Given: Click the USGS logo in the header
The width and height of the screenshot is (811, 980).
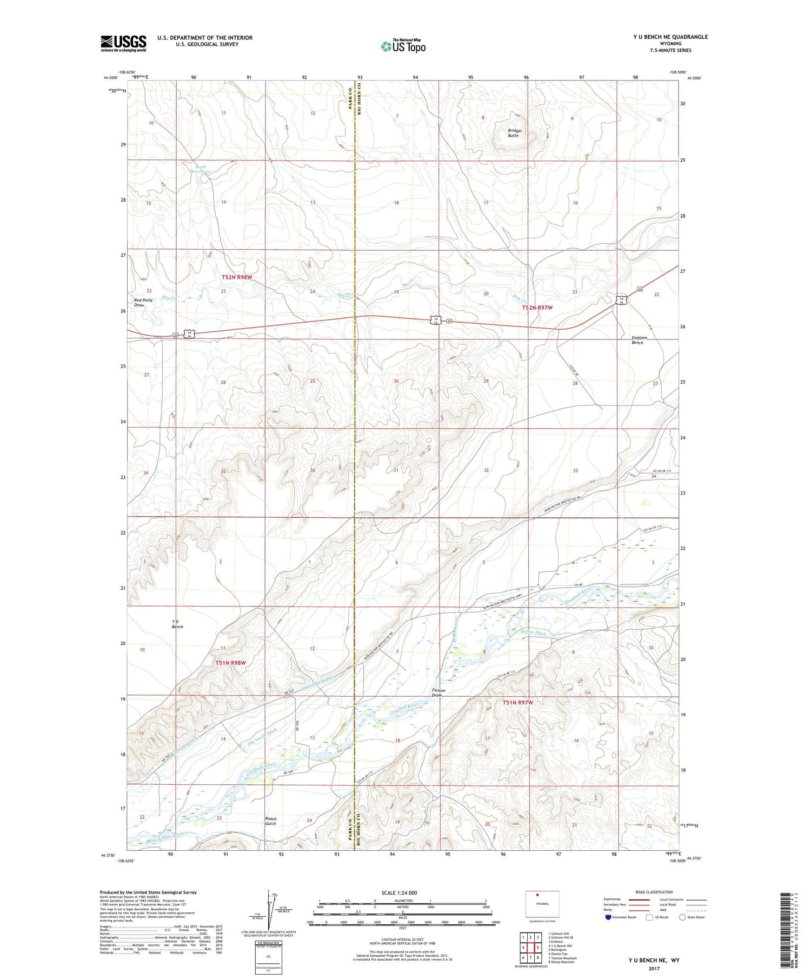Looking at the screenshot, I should [x=123, y=43].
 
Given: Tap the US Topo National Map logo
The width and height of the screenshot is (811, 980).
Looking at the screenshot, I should [x=403, y=46].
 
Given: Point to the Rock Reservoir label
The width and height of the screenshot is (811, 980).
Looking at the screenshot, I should [x=200, y=169].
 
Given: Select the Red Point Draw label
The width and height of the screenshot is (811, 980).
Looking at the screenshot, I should [x=143, y=302].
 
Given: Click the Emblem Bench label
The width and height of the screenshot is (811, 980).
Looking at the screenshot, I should [x=639, y=340].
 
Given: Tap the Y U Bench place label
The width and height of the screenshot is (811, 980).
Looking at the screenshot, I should [x=177, y=624].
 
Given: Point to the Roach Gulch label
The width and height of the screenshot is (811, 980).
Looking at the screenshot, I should [x=270, y=821].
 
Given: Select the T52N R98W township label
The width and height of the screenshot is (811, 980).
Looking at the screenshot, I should [x=237, y=277].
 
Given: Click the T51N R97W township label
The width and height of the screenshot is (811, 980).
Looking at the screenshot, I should [x=517, y=702].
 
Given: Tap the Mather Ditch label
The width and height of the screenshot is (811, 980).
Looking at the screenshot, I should [x=533, y=632].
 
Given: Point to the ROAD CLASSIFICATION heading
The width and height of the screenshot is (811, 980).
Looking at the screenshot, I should [x=654, y=892].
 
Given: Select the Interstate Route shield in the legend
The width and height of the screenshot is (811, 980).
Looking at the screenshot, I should [x=608, y=917].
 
